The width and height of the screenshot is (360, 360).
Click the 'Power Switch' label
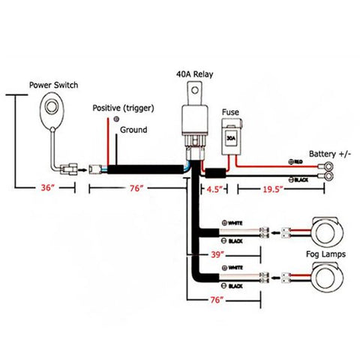(55, 85)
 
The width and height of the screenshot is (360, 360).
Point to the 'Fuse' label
(230, 113)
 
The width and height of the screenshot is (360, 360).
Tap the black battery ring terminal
(328, 178)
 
